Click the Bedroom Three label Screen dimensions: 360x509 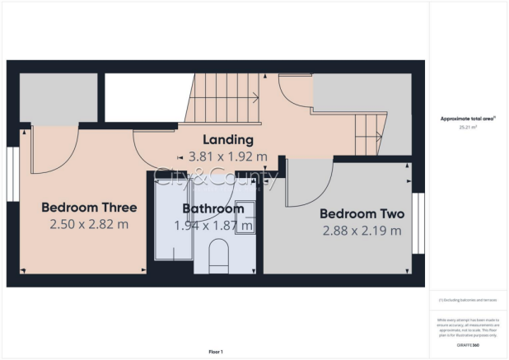(x=89, y=208)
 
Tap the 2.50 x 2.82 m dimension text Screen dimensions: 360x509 (x=89, y=224)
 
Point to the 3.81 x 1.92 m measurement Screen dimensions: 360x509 (x=227, y=157)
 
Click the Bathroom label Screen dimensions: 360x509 (x=213, y=208)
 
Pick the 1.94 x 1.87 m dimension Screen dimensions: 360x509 (x=213, y=225)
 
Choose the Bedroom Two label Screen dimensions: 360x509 (x=362, y=214)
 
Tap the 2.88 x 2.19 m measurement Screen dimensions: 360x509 (x=362, y=231)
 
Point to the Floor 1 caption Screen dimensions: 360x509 (x=216, y=352)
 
